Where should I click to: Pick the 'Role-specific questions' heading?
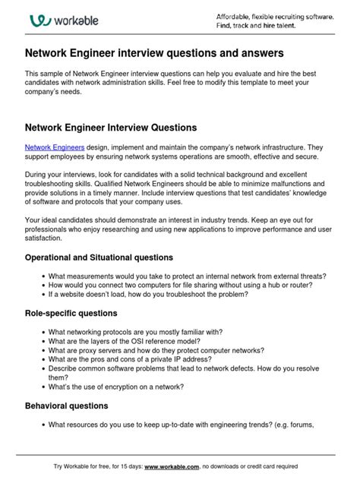pyautogui.click(x=72, y=313)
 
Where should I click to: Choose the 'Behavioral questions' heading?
pyautogui.click(x=66, y=406)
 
